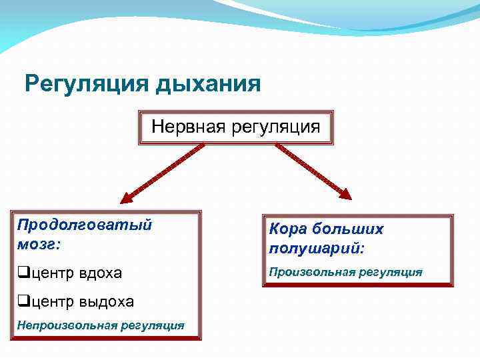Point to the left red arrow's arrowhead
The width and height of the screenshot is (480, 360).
click(x=126, y=197)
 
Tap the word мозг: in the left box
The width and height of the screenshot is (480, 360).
click(x=38, y=244)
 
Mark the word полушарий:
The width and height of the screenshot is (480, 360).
click(x=317, y=249)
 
